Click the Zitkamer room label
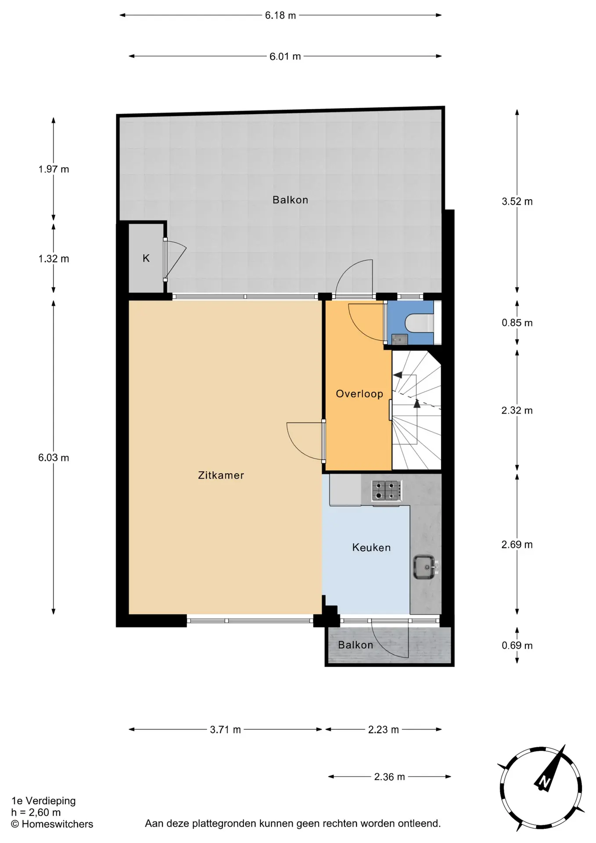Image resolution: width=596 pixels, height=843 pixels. coord(221,475)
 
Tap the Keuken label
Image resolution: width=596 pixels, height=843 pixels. coord(371,548)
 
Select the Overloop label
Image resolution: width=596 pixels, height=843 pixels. coord(359,394)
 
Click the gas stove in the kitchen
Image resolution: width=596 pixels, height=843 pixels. coord(387,490)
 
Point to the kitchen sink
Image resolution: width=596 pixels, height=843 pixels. coord(424,567)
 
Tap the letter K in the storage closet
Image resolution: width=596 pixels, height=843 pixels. coord(146,259)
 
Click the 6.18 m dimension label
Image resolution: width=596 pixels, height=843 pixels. coord(280,15)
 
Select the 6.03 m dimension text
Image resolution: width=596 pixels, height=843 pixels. coord(54,458)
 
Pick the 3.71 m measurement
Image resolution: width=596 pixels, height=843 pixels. coord(225,730)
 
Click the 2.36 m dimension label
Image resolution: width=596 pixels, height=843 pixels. coord(389,777)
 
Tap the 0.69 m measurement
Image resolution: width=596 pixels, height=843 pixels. coord(517,645)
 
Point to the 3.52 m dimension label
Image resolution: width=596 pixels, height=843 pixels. coord(517,202)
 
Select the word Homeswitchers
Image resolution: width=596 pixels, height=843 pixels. coord(57,824)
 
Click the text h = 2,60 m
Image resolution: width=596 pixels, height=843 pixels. coord(36,812)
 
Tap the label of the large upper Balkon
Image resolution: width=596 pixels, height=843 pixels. coord(290,200)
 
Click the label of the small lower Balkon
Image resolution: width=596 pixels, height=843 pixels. coord(355,645)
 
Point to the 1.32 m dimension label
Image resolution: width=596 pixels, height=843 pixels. coord(54,259)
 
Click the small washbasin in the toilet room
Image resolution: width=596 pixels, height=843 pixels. coord(400,339)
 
